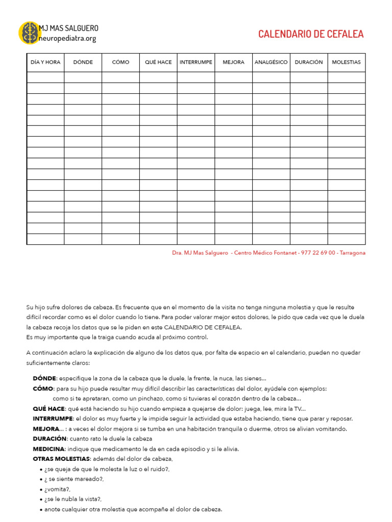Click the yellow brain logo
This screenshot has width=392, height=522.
29,33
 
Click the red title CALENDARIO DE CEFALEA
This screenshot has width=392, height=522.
311,34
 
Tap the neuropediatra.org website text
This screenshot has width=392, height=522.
67,38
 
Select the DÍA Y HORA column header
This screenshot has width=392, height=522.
45,62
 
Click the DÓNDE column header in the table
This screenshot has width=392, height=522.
83,62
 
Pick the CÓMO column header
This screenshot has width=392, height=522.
120,62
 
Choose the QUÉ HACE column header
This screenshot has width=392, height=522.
158,62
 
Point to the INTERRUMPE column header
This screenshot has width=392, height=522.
196,62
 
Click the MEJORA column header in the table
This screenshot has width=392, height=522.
233,62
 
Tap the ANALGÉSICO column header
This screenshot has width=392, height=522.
271,62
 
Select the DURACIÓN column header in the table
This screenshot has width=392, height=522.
309,62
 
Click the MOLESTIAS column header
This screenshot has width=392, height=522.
346,62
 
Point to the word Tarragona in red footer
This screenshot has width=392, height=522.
353,253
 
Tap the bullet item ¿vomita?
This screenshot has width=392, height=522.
58,489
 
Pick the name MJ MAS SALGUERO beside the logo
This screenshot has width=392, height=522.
69,28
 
